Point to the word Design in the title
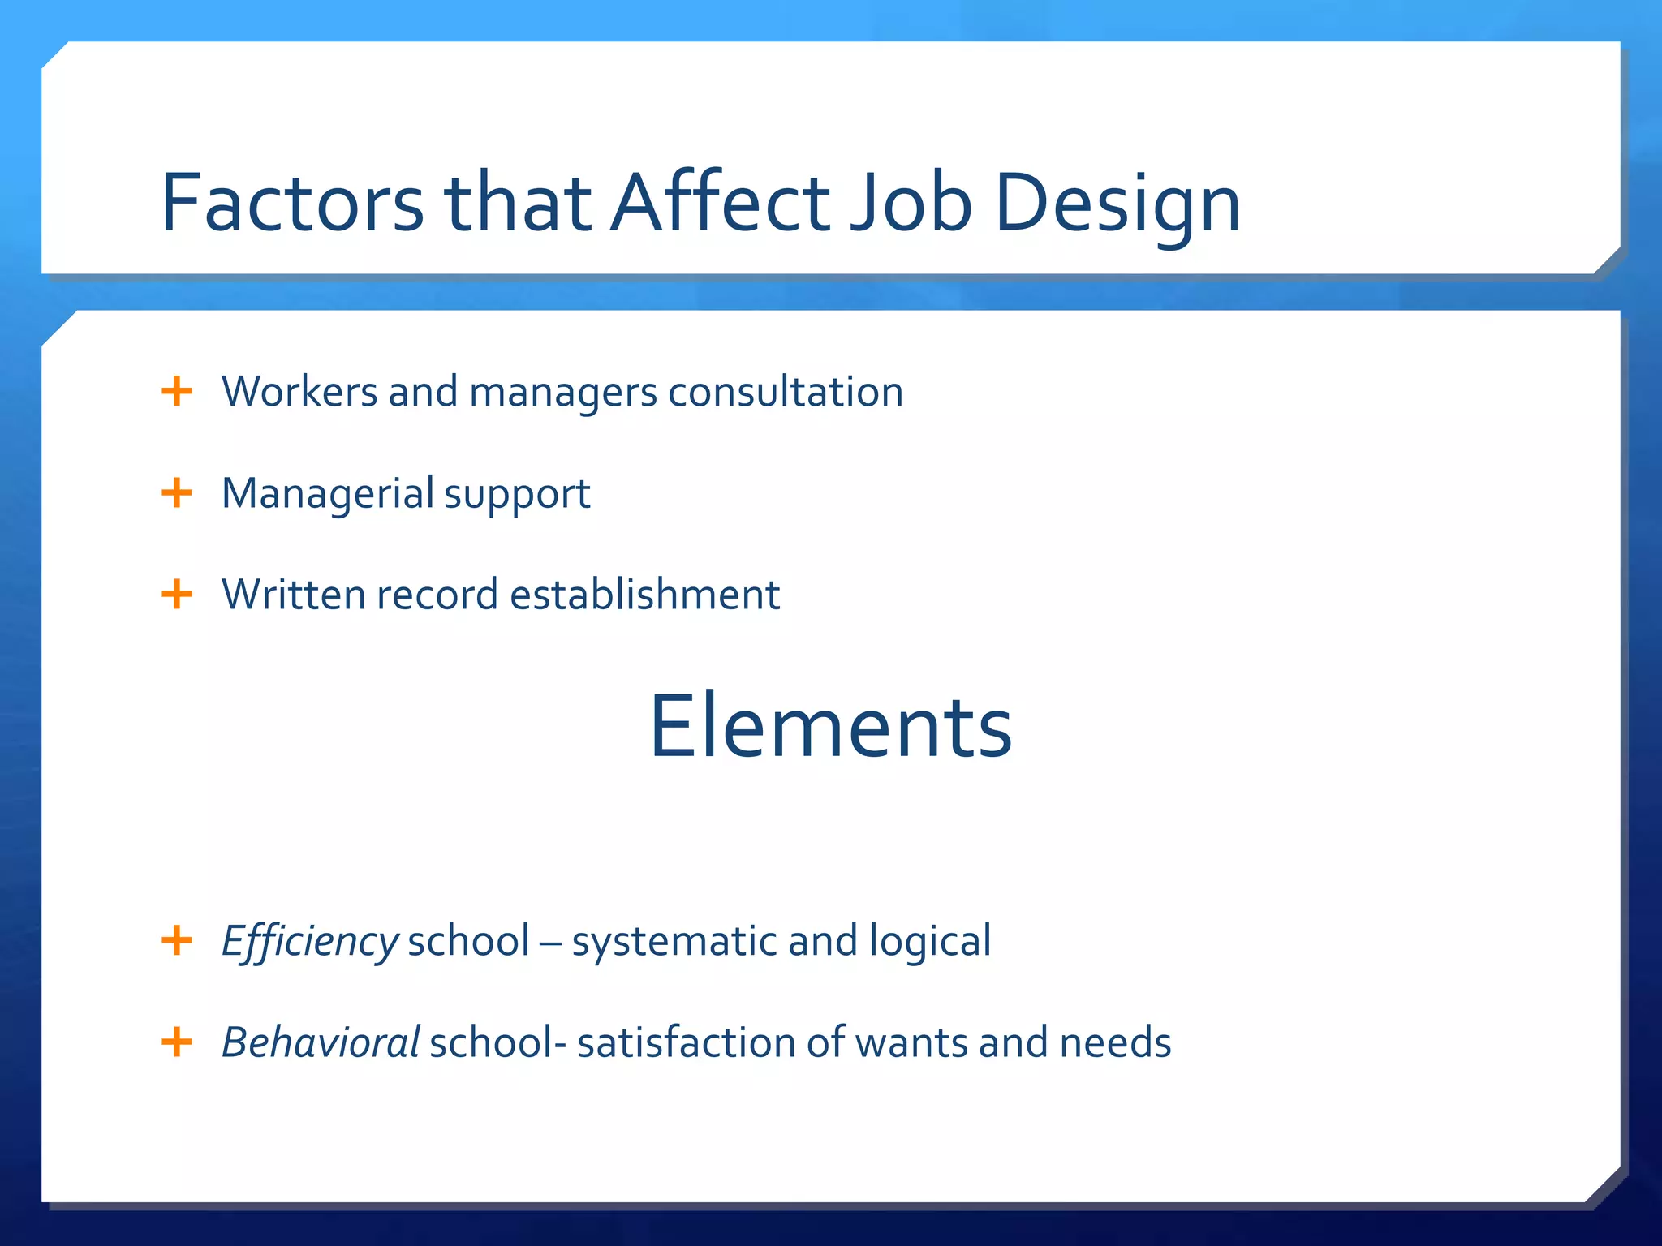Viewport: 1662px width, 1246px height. click(1117, 204)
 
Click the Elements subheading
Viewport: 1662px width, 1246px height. click(830, 727)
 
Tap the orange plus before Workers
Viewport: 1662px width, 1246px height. click(177, 391)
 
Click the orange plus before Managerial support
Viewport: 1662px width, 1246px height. click(177, 492)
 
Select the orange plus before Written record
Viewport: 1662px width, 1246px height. click(177, 594)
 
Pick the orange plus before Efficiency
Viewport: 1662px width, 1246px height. click(177, 941)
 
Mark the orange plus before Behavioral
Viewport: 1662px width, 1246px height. click(177, 1042)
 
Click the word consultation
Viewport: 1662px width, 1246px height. click(786, 392)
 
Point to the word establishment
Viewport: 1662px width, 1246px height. click(645, 595)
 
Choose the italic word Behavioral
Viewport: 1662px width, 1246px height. click(321, 1043)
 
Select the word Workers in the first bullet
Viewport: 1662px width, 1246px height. click(299, 392)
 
